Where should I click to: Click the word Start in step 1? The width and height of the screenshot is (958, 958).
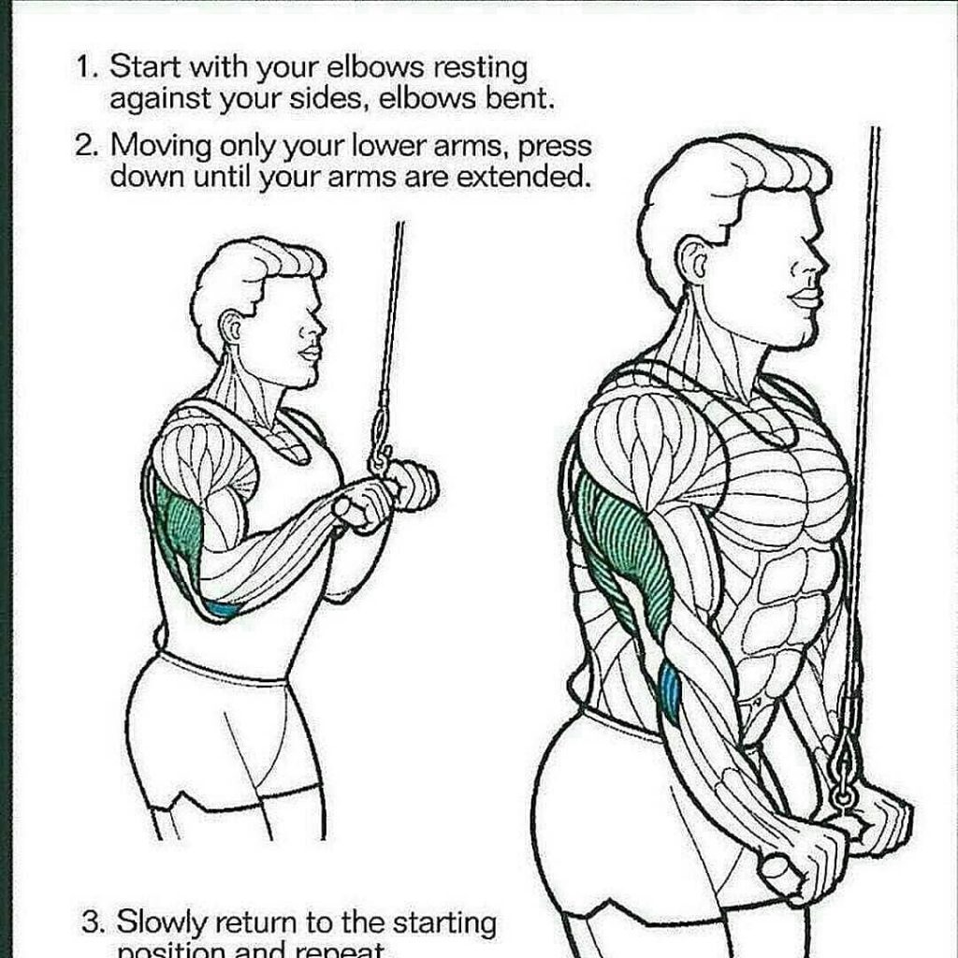pos(146,67)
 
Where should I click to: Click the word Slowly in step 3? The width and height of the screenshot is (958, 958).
pos(160,922)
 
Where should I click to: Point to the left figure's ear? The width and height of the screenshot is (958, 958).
pos(230,327)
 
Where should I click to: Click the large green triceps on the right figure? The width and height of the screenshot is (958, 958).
pos(625,552)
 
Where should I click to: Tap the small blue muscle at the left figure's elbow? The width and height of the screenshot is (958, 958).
pos(223,610)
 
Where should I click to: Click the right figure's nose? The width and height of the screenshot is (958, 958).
pos(818,265)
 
